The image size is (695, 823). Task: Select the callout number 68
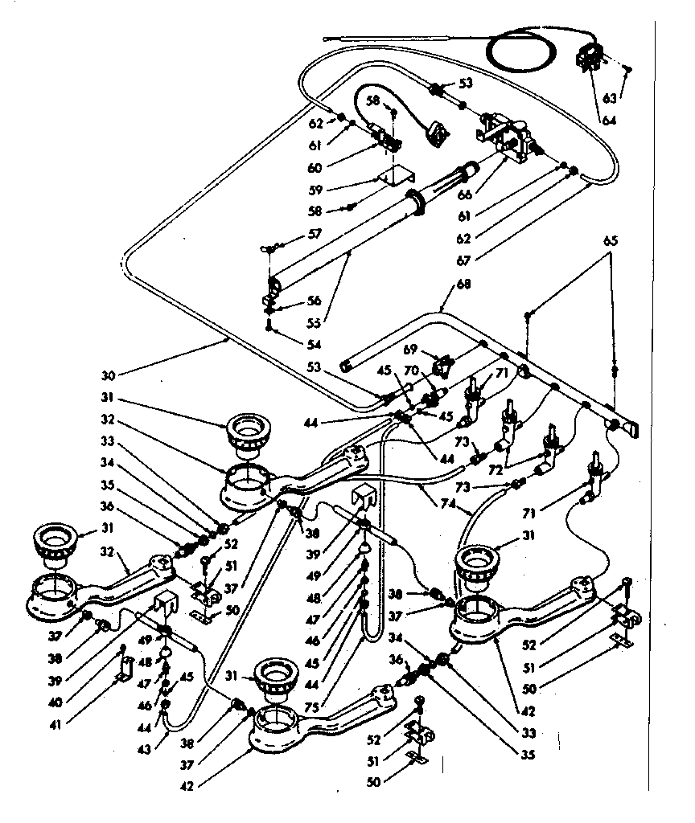[442, 284]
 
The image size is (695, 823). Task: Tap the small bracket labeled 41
[126, 666]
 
